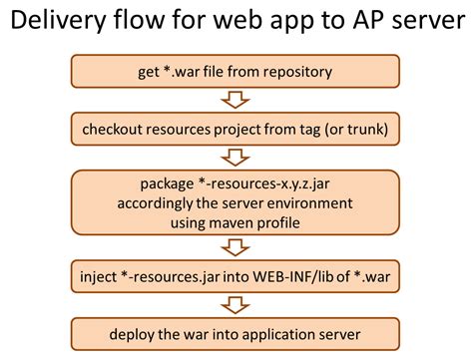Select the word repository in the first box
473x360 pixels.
[x=304, y=72]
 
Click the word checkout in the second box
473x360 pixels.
[x=118, y=129]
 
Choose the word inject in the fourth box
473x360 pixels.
[x=100, y=274]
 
